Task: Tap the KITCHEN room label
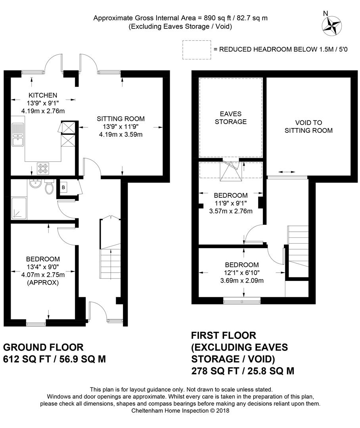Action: click(x=43, y=95)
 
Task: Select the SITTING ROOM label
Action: click(x=121, y=119)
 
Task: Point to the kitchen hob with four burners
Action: click(x=43, y=168)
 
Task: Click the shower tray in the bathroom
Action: click(x=19, y=208)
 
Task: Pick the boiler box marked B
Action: click(x=63, y=187)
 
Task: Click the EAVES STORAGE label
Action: click(x=231, y=118)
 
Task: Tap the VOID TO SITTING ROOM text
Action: click(x=308, y=127)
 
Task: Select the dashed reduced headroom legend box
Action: click(x=197, y=50)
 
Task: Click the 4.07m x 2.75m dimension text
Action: click(x=43, y=275)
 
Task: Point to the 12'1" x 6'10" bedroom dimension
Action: click(x=242, y=272)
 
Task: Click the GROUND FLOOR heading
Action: click(x=43, y=347)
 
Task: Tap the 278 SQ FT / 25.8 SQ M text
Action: click(x=243, y=371)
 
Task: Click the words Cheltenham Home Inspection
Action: click(x=169, y=411)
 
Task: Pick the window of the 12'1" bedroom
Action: click(x=242, y=301)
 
